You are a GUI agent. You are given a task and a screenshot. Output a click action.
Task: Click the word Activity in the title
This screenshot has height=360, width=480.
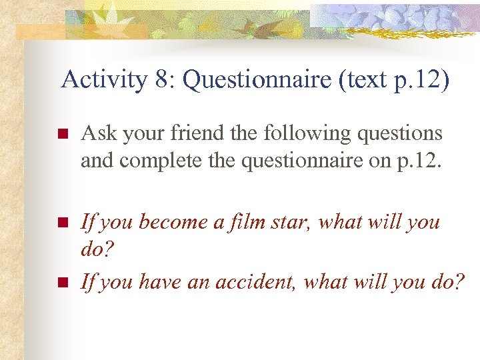[103, 80]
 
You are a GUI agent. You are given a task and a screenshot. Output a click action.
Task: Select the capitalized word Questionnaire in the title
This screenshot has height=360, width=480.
[256, 80]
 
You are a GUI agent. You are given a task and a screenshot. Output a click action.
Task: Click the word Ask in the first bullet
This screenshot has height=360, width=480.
[97, 133]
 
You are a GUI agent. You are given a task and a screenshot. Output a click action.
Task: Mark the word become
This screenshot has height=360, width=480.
[171, 222]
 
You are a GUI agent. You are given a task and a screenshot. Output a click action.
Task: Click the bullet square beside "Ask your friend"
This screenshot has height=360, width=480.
[63, 134]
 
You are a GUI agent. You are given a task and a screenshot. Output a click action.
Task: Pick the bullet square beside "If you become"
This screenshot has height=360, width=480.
[63, 223]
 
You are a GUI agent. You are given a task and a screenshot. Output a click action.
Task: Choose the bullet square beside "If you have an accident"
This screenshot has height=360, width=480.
[63, 283]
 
